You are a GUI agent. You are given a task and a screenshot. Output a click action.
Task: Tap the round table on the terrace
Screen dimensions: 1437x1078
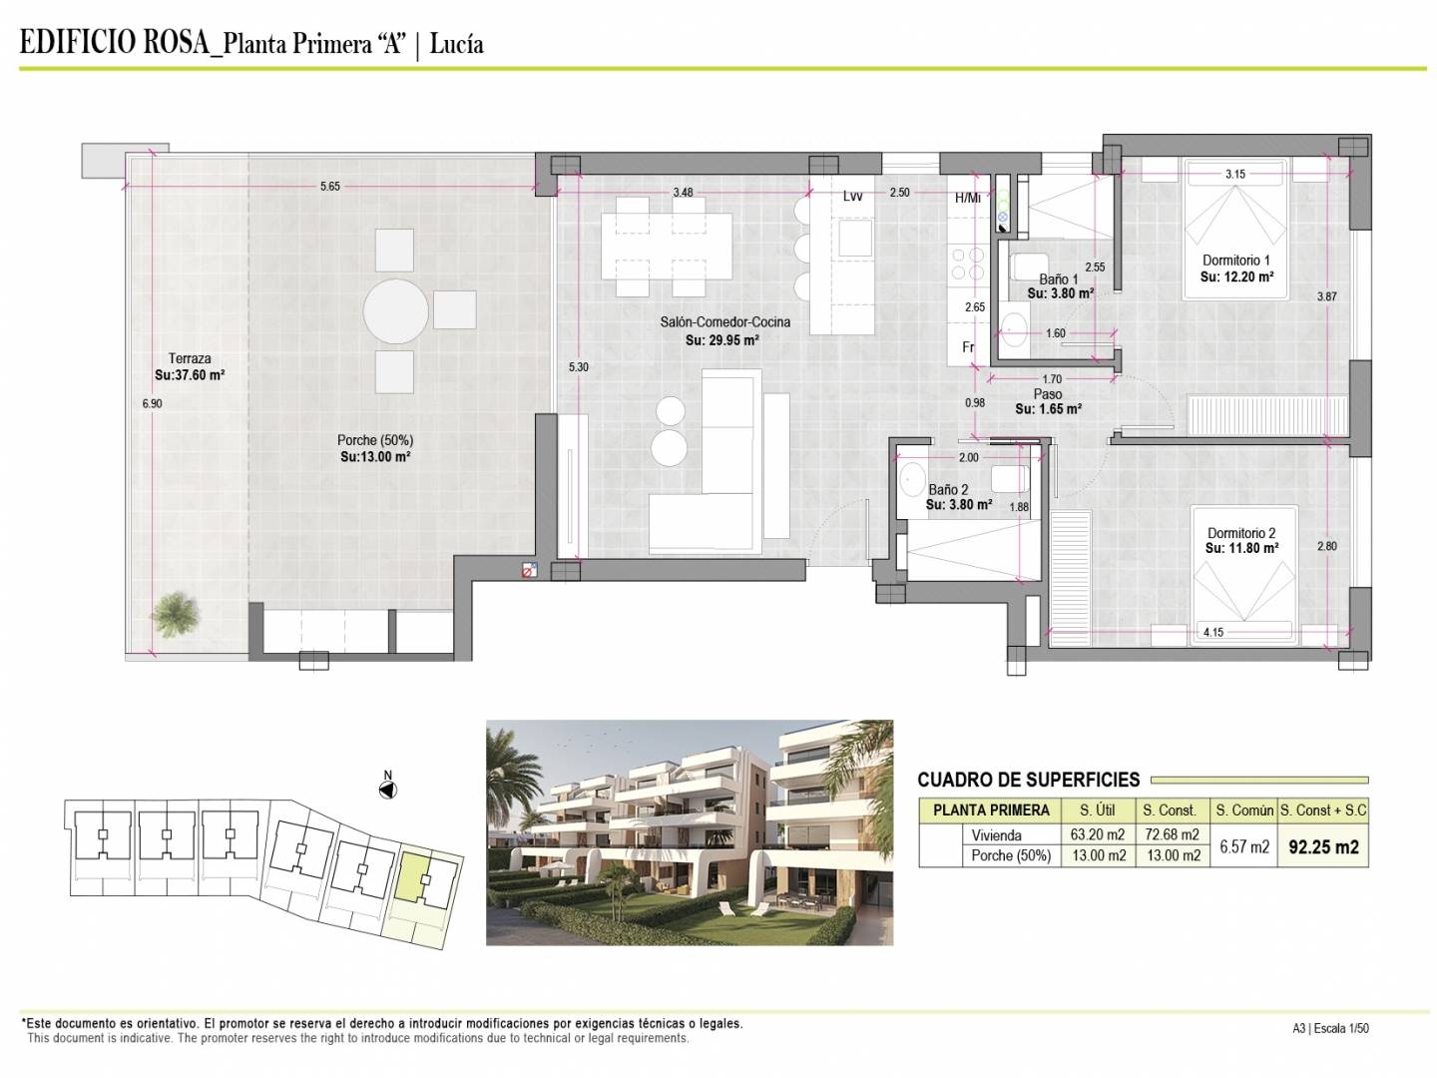[x=395, y=310]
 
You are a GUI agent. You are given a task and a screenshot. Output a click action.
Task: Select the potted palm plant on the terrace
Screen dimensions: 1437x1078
[x=175, y=614]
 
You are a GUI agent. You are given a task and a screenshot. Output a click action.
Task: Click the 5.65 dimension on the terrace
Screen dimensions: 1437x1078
[x=330, y=187]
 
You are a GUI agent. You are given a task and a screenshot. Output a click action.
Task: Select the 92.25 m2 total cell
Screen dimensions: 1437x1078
[x=1323, y=847]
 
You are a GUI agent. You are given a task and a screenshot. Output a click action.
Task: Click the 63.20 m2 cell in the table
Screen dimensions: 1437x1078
[x=1098, y=834]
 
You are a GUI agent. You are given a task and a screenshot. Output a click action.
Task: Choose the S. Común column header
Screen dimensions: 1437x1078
[x=1244, y=810]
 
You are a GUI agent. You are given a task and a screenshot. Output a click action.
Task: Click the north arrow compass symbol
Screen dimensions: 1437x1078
[x=387, y=790]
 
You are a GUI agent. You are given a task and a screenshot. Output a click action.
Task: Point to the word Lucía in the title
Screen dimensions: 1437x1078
[x=456, y=45]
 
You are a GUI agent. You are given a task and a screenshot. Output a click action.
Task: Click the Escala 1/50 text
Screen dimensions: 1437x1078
[x=1341, y=1028]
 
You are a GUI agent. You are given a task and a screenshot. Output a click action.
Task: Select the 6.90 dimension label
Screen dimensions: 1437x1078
[x=152, y=404]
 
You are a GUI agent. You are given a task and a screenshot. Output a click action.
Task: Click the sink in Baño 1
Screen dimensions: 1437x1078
[x=1015, y=326]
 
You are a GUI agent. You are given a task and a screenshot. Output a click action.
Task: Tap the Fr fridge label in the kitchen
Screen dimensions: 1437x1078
[x=968, y=347]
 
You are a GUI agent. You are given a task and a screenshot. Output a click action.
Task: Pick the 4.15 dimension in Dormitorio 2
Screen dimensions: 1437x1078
[x=1213, y=632]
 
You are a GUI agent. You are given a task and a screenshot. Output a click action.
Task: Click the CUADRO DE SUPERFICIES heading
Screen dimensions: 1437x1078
[x=1029, y=780]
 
